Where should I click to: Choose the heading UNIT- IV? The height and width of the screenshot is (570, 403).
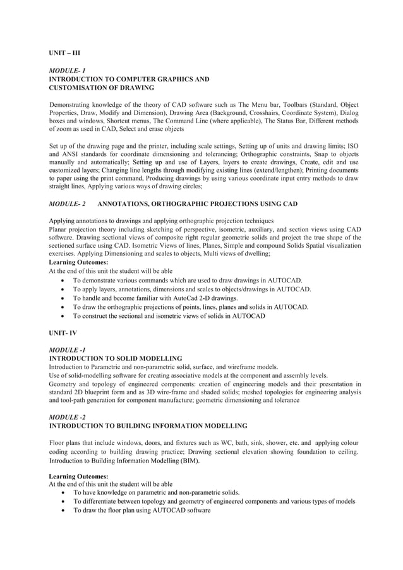pyautogui.click(x=64, y=332)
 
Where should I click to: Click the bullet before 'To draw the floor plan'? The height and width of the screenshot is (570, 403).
pyautogui.click(x=63, y=511)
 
